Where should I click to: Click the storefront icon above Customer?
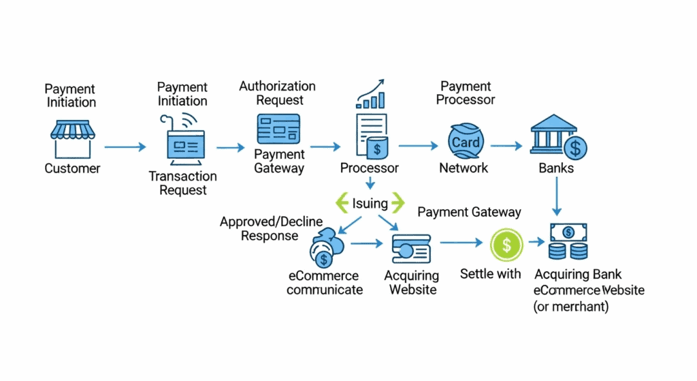71,139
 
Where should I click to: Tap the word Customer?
72,168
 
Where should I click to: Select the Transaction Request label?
183,183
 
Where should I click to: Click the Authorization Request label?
277,93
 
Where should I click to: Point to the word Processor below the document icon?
370,168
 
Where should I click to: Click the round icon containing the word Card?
466,142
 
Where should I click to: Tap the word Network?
464,168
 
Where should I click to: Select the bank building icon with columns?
557,138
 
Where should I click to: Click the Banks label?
556,168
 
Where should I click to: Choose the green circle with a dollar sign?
506,243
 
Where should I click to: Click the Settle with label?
491,274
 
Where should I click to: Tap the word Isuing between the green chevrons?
370,202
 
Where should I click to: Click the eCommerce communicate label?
324,283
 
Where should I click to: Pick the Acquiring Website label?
411,283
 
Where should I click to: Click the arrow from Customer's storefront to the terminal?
125,146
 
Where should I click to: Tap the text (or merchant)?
570,307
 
